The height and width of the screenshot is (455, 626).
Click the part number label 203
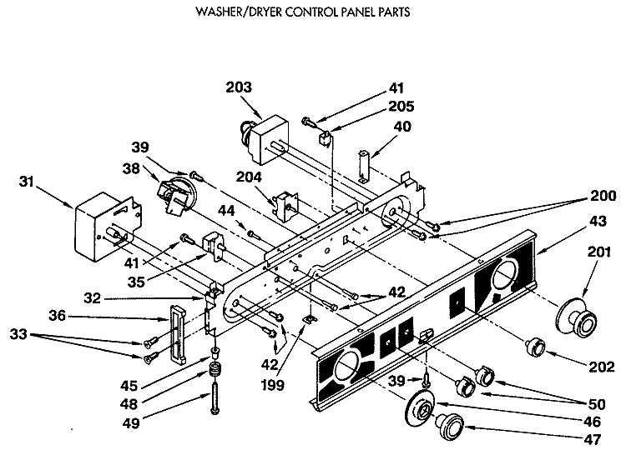[239, 87]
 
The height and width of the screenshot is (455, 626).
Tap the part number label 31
[27, 182]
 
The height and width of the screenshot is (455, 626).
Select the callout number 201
[599, 252]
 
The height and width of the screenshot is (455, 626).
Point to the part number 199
[273, 385]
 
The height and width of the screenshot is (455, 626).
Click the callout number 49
[131, 422]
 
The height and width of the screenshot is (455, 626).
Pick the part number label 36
[57, 316]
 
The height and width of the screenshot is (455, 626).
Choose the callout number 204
[249, 177]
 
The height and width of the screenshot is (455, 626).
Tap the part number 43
[598, 221]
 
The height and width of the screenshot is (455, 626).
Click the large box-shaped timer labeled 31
[108, 227]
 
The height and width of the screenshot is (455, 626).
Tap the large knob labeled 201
[577, 317]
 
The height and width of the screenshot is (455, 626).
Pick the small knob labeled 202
[536, 346]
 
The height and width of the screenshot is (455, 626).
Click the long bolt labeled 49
[215, 397]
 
